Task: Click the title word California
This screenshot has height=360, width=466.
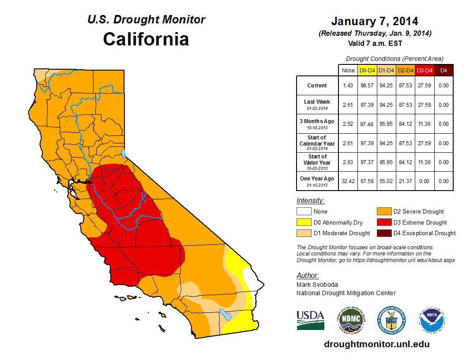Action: coord(146,39)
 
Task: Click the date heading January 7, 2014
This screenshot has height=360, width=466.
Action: coord(375,21)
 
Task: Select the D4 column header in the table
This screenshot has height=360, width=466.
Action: coord(443,70)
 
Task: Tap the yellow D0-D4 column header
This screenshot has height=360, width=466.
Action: coord(367,70)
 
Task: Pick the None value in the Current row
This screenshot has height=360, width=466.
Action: coord(348,86)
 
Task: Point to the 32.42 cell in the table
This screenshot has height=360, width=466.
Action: coord(348,181)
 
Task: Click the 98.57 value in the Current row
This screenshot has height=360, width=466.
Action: coord(367,86)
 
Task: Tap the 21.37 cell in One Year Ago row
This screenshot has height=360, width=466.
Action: coord(405,181)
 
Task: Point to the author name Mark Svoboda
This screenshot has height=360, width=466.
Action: coord(316,285)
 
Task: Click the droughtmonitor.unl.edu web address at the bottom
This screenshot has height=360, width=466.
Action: coord(376,344)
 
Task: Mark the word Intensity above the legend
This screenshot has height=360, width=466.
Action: coord(310,200)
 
